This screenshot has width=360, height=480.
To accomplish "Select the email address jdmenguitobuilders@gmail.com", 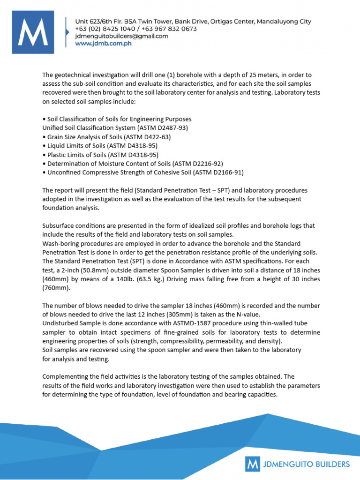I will (x=121, y=36).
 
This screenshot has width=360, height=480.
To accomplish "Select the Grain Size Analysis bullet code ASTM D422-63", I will (x=148, y=137).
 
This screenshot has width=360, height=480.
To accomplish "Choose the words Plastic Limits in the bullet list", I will (x=65, y=155).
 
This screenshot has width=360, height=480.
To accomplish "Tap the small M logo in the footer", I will (x=253, y=465).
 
